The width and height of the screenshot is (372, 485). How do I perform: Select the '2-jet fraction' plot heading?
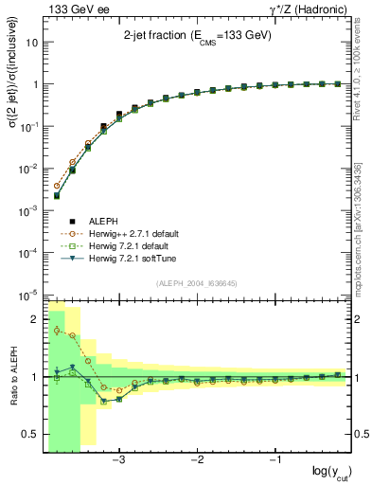point(197,35)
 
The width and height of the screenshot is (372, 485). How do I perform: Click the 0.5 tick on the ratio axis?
point(31,434)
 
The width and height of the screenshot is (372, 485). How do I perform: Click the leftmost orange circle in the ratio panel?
point(57,330)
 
